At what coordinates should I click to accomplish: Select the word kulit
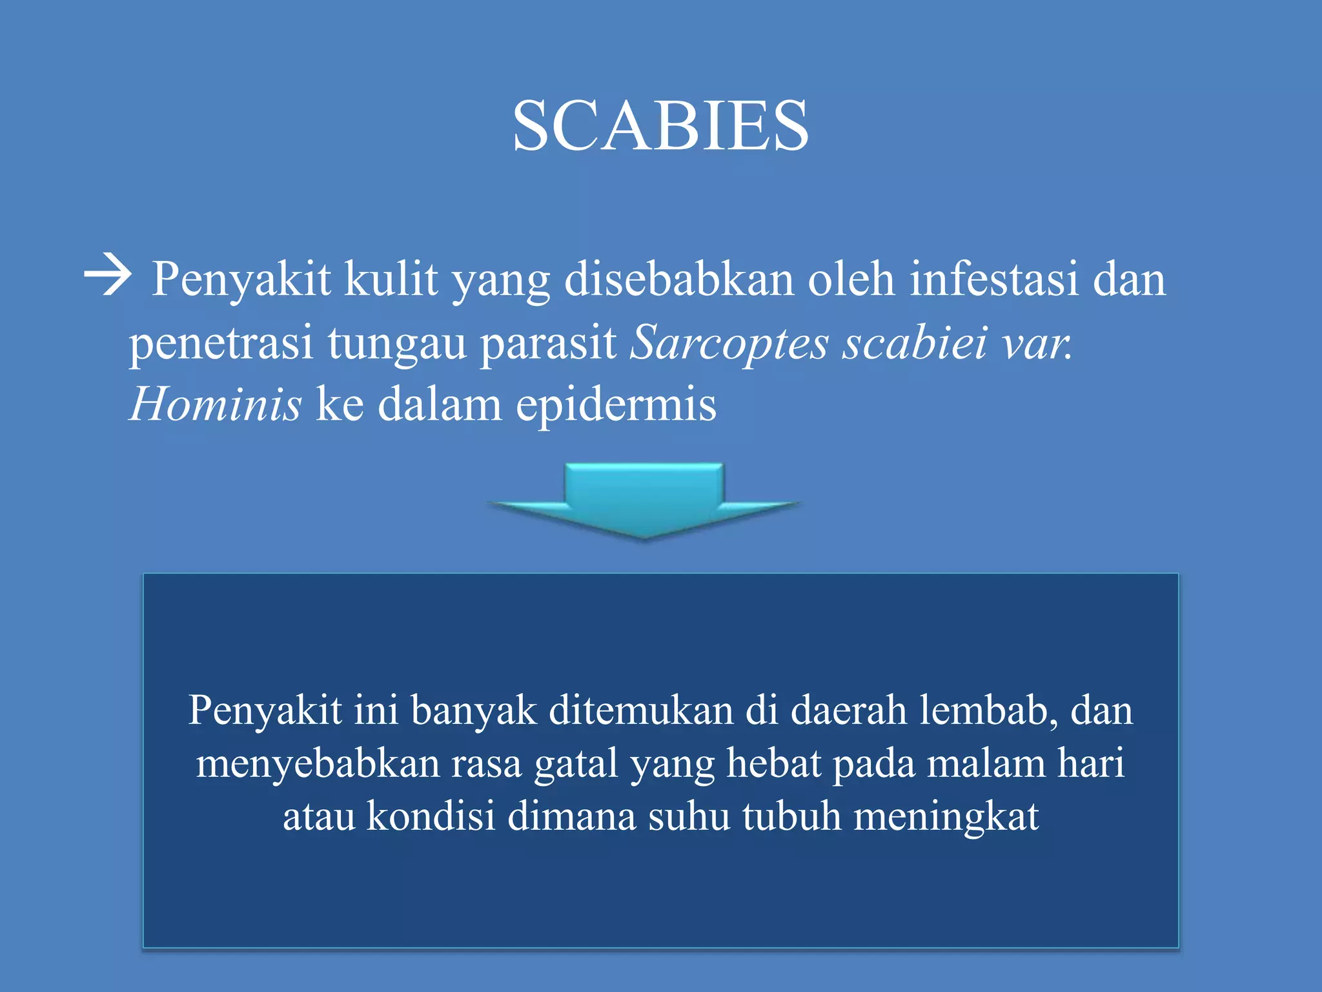(x=390, y=279)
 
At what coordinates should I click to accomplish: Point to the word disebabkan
(x=678, y=279)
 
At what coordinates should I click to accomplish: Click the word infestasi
(x=993, y=279)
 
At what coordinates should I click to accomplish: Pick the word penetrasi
(x=221, y=342)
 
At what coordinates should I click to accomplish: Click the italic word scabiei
(x=915, y=342)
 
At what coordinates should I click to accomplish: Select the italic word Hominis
(x=216, y=405)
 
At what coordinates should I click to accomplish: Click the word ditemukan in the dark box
(x=640, y=710)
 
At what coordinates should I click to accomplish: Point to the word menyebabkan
(x=317, y=763)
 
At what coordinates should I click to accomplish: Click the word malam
(x=985, y=763)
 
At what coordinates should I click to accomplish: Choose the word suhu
(x=688, y=816)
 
